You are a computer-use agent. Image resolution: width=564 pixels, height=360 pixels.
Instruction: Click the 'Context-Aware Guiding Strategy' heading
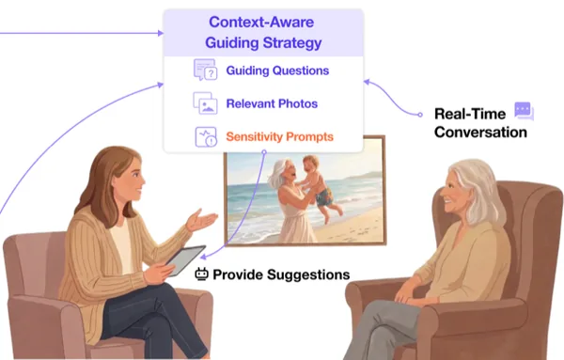[x=263, y=32]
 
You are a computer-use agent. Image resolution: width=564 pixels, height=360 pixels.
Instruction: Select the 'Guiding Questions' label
[x=277, y=70]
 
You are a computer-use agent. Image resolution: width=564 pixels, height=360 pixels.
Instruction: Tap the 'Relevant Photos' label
[x=272, y=103]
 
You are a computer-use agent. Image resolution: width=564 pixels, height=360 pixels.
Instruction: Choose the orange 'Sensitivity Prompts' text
[x=279, y=136]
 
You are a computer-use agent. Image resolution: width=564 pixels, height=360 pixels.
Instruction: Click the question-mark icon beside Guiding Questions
[x=205, y=70]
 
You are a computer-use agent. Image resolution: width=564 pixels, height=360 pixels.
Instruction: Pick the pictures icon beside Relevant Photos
[x=205, y=103]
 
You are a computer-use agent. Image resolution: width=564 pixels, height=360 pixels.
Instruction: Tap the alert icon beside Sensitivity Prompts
[x=206, y=136]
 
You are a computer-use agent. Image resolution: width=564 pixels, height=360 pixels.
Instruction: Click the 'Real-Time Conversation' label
[x=480, y=123]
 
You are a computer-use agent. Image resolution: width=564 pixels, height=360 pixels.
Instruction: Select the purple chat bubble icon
[x=525, y=111]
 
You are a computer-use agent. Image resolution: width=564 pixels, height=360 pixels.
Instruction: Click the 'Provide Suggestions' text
[x=281, y=274]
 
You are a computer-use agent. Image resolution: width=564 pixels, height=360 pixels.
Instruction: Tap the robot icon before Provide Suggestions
[x=201, y=274]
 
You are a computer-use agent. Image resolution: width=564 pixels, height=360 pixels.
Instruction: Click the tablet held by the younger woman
[x=185, y=259]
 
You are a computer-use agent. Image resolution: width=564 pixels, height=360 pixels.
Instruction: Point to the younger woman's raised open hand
[x=201, y=219]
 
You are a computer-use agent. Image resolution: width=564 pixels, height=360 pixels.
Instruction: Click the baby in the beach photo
[x=319, y=186]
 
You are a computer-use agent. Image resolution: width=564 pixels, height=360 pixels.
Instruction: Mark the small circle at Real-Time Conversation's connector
[x=420, y=115]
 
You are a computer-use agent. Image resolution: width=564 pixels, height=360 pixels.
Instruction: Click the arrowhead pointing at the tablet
[x=203, y=257]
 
